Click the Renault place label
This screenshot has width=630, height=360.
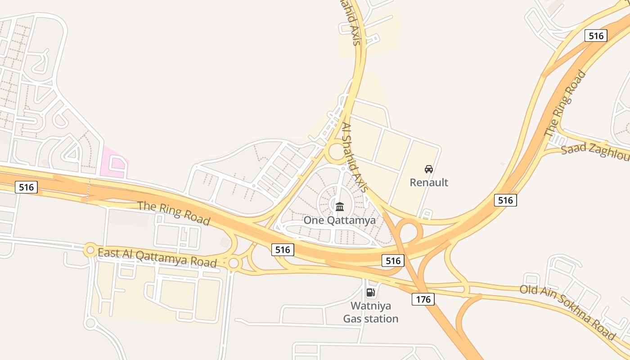(429, 182)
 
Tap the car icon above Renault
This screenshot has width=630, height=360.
(429, 169)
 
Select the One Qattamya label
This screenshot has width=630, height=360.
(339, 220)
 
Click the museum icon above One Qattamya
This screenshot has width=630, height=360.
(340, 207)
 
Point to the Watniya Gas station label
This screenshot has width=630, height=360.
(371, 312)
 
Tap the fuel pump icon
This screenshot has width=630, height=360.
(371, 292)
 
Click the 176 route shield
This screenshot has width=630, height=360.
(423, 299)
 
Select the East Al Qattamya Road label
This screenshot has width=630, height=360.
(157, 258)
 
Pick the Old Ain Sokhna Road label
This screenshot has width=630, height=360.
(567, 312)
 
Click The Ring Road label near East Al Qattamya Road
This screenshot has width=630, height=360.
(174, 213)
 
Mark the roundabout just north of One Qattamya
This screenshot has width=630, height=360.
(337, 152)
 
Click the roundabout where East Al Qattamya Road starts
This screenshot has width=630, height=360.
(90, 249)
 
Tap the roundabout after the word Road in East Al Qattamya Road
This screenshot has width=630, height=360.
(234, 263)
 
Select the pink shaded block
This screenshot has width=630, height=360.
(115, 162)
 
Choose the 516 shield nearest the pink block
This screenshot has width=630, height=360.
(26, 187)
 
